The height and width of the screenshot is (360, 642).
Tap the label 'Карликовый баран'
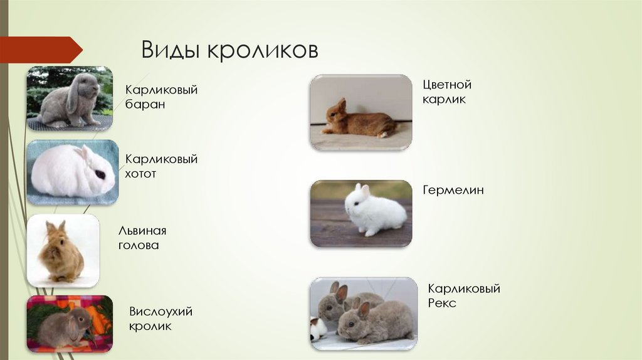pos(161,97)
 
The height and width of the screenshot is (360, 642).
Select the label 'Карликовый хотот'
pos(161,166)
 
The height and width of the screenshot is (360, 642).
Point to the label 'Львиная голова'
pos(142,238)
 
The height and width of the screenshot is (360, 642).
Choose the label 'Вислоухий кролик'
pos(160,319)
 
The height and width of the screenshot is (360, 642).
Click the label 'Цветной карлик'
pos(447,92)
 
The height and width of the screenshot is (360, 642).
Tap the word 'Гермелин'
pos(453,190)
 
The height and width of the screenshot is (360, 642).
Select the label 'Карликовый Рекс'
pos(464,296)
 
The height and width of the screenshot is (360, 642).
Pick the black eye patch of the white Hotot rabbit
pos(100,174)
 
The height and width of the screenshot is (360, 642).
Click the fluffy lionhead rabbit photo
pos(61,251)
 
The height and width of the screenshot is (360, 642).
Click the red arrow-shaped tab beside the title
pos(41,50)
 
